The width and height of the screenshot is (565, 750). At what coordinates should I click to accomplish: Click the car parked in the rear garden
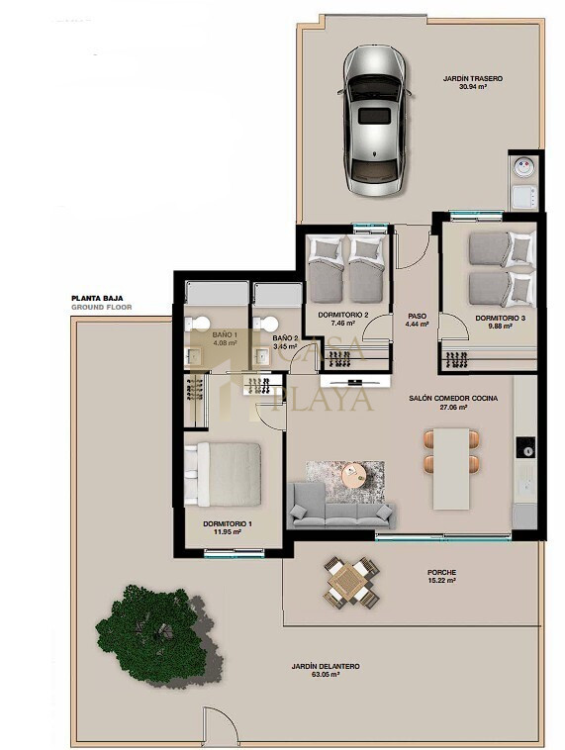[375, 120]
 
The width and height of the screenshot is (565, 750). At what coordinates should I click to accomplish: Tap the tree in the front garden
[154, 634]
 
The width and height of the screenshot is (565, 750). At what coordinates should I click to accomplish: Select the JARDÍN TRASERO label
[473, 78]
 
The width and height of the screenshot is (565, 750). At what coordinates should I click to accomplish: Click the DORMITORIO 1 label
[228, 523]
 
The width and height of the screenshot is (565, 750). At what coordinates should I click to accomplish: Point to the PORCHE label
[441, 572]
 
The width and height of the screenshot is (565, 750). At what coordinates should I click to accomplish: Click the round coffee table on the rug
[354, 475]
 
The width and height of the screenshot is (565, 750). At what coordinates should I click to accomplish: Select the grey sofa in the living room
[341, 506]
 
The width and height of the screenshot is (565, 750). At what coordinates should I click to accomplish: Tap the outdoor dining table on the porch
[351, 582]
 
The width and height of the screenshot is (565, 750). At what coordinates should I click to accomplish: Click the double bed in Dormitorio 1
[223, 474]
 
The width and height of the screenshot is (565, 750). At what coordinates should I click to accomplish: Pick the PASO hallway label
[418, 317]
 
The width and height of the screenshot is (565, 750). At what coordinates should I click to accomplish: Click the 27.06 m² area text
[453, 407]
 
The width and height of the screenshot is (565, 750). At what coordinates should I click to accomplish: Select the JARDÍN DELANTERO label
[326, 666]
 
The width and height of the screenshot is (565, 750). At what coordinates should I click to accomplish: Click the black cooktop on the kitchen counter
[525, 447]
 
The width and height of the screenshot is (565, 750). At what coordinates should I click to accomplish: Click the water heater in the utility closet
[523, 167]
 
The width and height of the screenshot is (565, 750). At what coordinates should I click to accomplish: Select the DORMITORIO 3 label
[500, 318]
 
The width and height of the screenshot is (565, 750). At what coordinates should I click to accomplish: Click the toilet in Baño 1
[198, 324]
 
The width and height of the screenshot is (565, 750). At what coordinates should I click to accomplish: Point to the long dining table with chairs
[451, 469]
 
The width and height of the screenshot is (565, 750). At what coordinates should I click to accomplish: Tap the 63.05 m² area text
[326, 675]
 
